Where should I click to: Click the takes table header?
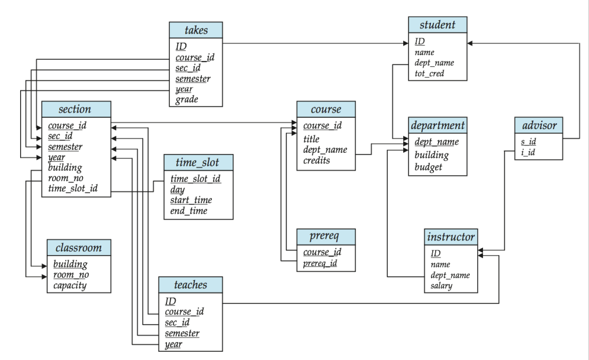pyautogui.click(x=196, y=30)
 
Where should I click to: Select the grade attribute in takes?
pyautogui.click(x=186, y=99)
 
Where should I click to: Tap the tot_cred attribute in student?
pyautogui.click(x=429, y=73)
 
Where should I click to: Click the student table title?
pyautogui.click(x=437, y=25)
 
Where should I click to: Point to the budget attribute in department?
pyautogui.click(x=428, y=167)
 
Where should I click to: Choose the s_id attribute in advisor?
pyautogui.click(x=528, y=142)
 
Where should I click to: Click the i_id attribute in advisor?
pyautogui.click(x=528, y=152)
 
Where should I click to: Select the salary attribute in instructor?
pyautogui.click(x=442, y=285)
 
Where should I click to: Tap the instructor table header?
pyautogui.click(x=450, y=237)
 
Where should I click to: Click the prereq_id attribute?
pyautogui.click(x=320, y=263)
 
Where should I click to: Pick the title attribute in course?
pyautogui.click(x=311, y=139)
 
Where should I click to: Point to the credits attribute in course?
pyautogui.click(x=317, y=160)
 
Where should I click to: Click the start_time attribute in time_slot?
pyautogui.click(x=191, y=200)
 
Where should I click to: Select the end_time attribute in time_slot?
pyautogui.click(x=189, y=211)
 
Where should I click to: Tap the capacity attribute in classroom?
pyautogui.click(x=70, y=285)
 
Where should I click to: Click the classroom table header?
pyautogui.click(x=79, y=247)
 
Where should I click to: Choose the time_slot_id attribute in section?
pyautogui.click(x=73, y=188)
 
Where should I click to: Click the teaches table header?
pyautogui.click(x=191, y=285)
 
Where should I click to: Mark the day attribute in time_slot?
pyautogui.click(x=178, y=190)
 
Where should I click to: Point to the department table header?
pyautogui.click(x=437, y=125)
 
